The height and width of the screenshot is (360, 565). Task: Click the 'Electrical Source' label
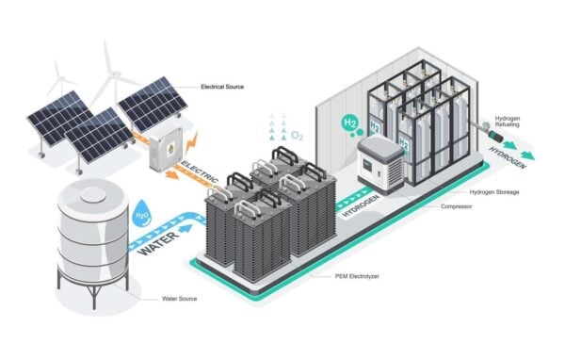point(222,87)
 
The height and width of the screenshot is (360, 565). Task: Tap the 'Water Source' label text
point(180,299)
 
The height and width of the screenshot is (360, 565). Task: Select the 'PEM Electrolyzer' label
point(357,276)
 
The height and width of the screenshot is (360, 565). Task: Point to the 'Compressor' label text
point(456,206)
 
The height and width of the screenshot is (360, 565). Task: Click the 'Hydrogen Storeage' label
point(494,192)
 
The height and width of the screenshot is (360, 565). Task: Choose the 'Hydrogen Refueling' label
point(508,122)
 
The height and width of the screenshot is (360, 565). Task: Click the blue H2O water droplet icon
point(141,214)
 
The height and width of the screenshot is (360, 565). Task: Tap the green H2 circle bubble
point(349,123)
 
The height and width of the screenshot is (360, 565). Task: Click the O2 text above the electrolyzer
point(297,136)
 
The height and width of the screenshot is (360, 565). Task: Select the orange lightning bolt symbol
point(192,143)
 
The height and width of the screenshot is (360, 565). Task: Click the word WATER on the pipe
point(159,243)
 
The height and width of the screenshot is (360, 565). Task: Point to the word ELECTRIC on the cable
point(200,172)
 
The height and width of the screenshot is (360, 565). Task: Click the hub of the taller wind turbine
point(115,74)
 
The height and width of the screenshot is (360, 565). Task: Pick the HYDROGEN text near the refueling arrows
point(508,157)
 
